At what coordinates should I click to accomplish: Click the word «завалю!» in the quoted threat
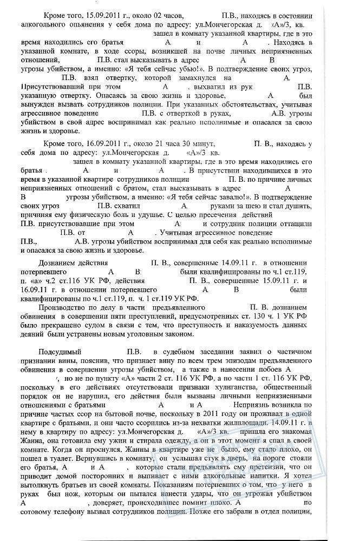[x=231, y=197]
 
